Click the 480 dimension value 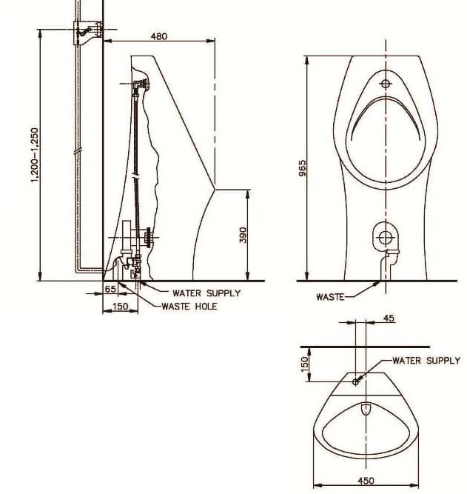coord(159,36)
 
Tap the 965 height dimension coord(302,170)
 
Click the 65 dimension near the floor coord(110,289)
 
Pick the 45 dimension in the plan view coord(389,318)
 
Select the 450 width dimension coord(366,481)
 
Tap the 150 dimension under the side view coord(119,306)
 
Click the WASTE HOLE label coord(189,306)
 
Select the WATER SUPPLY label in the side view coord(206,293)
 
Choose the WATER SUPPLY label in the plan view coord(426,361)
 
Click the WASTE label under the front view coord(330,297)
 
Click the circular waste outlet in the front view coord(385,237)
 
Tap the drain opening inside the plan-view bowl coord(366,409)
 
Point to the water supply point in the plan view coord(356,381)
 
